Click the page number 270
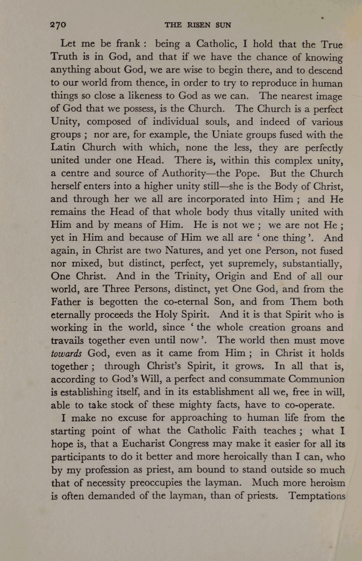coord(58,24)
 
